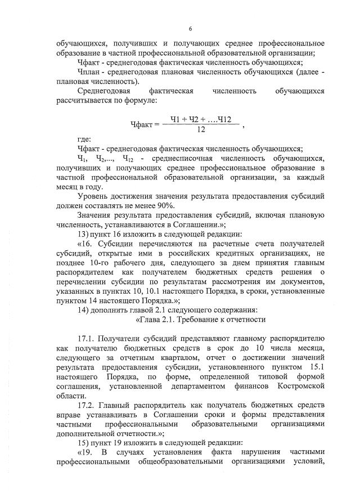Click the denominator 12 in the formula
pos(201,129)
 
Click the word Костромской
pos(299,386)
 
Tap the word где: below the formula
pos(84,139)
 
